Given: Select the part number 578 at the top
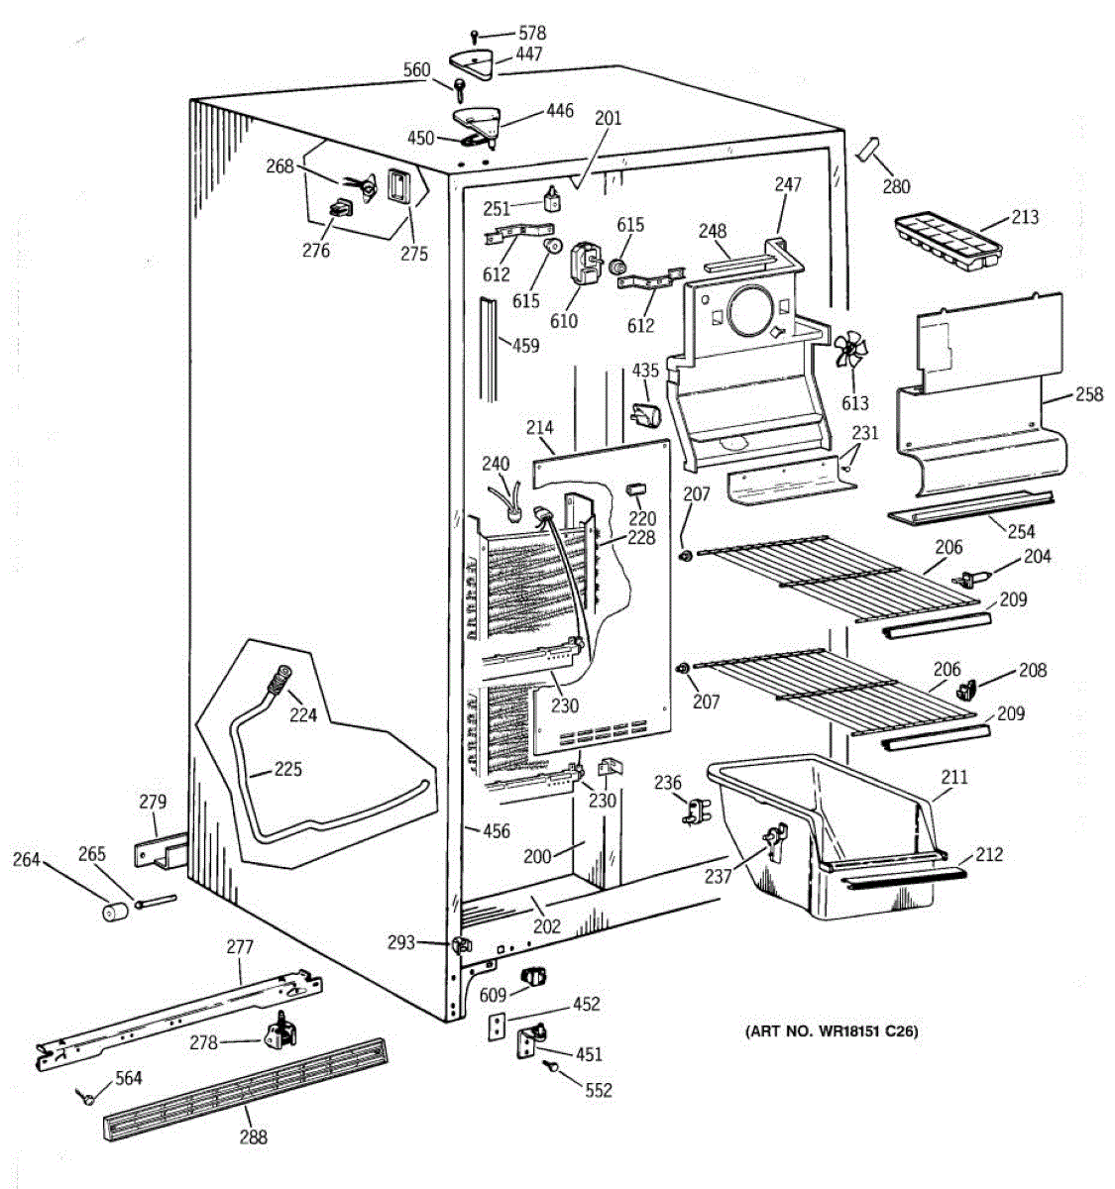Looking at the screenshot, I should tap(531, 34).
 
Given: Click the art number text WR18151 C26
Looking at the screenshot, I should tap(832, 1032).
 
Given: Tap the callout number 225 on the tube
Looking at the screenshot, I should tap(288, 769).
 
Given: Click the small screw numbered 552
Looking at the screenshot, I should tap(551, 1065).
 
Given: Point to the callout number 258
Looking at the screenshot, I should tap(1088, 395).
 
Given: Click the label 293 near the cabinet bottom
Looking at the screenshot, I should tap(401, 942).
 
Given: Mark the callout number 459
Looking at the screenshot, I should tap(525, 346).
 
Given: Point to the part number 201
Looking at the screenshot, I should tap(608, 119).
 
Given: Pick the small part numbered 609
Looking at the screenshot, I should tap(536, 975).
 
